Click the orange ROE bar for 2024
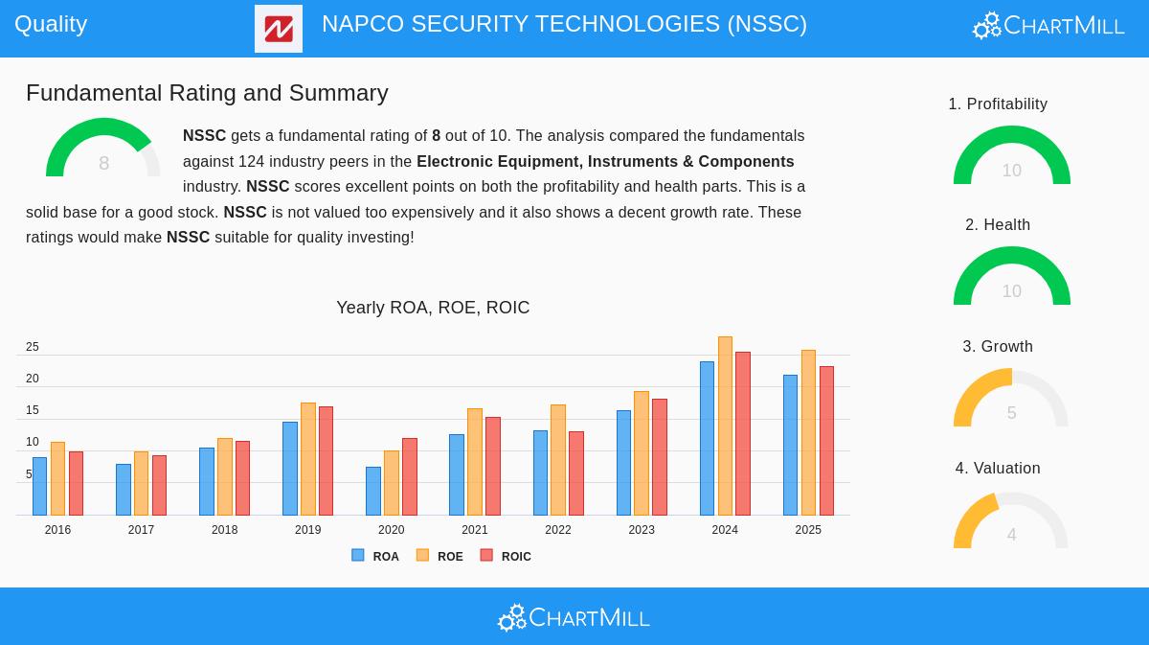click(725, 426)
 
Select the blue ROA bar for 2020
click(373, 491)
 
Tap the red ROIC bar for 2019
click(326, 461)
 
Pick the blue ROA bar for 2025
click(790, 445)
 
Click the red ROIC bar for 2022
click(576, 473)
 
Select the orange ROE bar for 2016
click(57, 478)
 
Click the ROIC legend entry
click(506, 556)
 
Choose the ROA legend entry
click(375, 556)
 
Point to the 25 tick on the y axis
click(33, 347)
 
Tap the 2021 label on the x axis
click(474, 530)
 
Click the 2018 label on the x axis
click(224, 530)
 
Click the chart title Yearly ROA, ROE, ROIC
click(433, 308)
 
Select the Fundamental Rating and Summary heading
click(207, 93)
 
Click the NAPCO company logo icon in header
click(279, 29)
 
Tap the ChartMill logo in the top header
click(1048, 26)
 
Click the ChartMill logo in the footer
click(574, 618)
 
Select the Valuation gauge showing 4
click(1011, 521)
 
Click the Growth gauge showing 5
click(1011, 400)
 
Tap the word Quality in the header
click(51, 24)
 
